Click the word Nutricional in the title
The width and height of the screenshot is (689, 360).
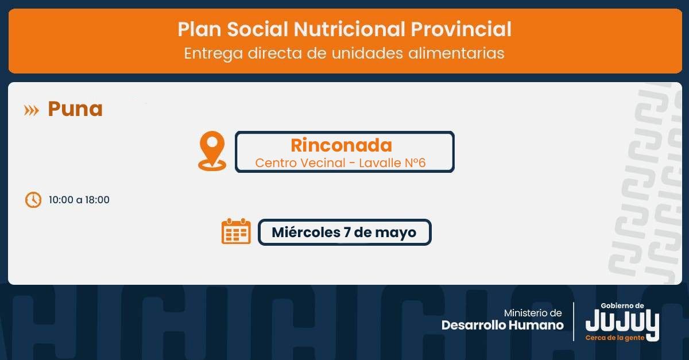[350, 29]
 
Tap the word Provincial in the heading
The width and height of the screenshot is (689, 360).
[461, 29]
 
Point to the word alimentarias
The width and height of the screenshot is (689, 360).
[456, 53]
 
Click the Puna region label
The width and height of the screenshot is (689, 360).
[75, 109]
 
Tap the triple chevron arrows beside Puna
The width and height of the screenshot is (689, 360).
[32, 110]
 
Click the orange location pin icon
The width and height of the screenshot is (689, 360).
[212, 151]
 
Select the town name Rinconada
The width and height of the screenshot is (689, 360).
[342, 145]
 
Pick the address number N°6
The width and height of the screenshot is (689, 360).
[415, 162]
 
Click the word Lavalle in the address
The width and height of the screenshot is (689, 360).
[380, 162]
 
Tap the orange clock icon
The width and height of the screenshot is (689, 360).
[33, 200]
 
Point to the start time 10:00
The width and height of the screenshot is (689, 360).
[61, 200]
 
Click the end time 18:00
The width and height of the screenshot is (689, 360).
[97, 200]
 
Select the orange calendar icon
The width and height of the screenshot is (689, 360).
[236, 231]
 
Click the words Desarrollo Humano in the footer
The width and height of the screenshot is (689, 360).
[502, 325]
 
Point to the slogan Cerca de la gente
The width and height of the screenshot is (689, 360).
[614, 338]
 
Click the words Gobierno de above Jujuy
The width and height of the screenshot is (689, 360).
[622, 306]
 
